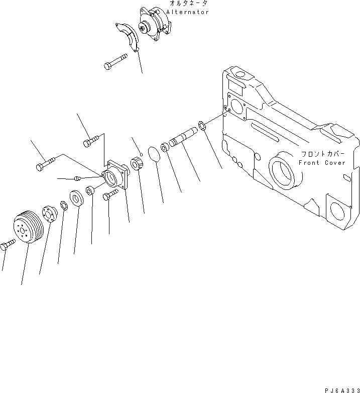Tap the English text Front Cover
[322, 163]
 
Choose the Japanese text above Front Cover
[321, 154]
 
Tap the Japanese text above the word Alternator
[188, 4]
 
